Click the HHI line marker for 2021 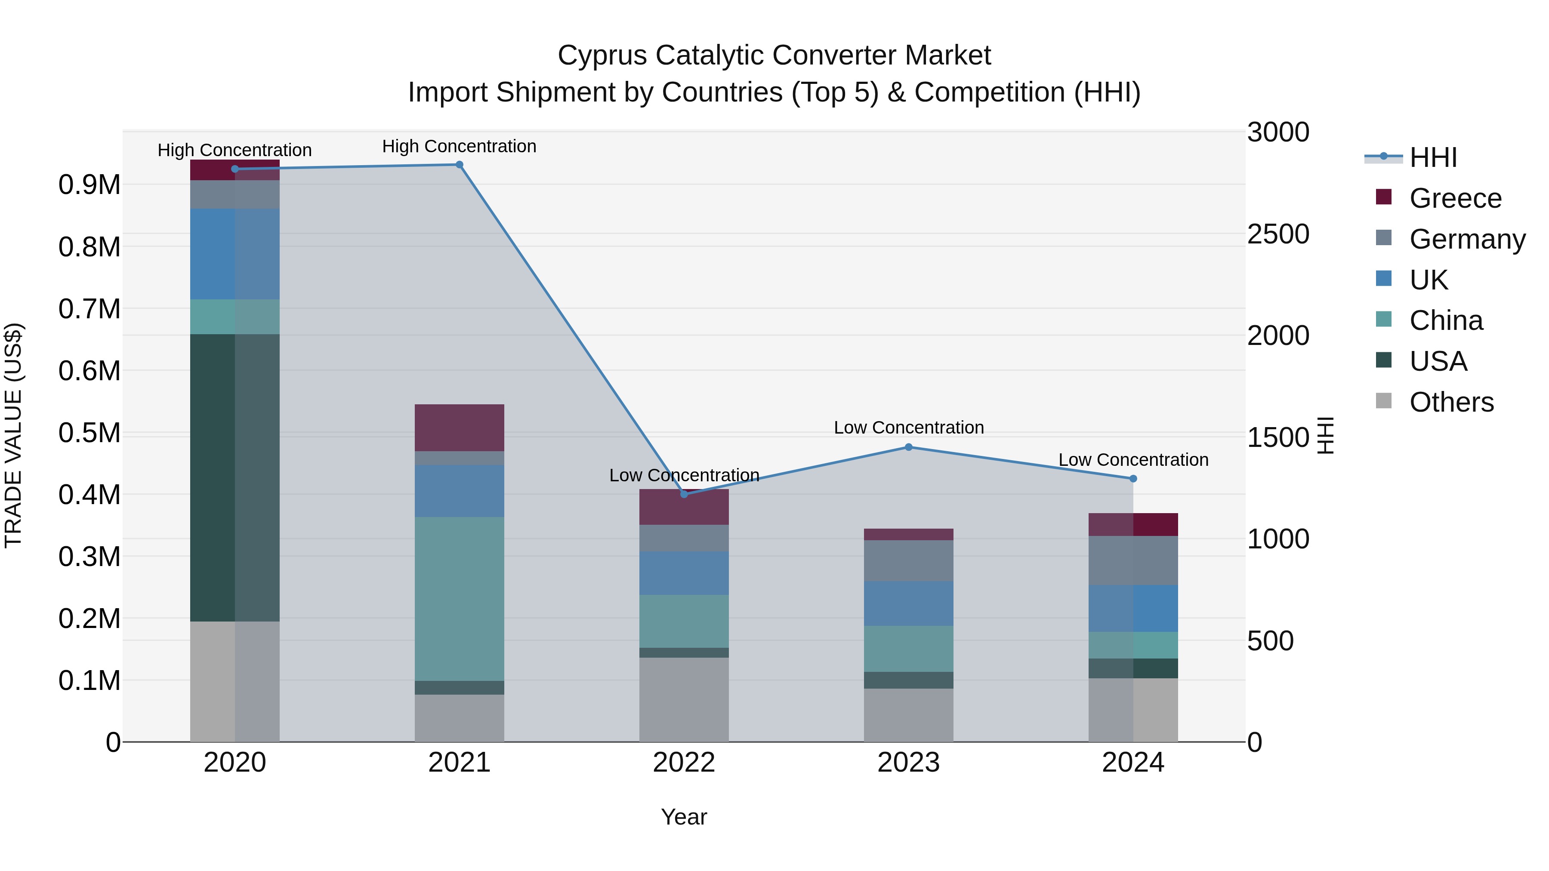[x=460, y=165]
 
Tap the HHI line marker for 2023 [x=909, y=447]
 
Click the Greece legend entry [x=1455, y=198]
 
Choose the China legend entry [x=1446, y=320]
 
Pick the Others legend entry [x=1451, y=402]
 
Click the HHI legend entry [x=1432, y=157]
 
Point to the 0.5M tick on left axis [x=89, y=433]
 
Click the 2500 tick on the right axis [x=1278, y=234]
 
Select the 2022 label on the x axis [x=684, y=763]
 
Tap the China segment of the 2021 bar [x=460, y=598]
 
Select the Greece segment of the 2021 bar [x=460, y=428]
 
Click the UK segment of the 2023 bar [x=909, y=603]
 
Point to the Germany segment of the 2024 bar [x=1133, y=560]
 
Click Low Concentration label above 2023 [x=909, y=428]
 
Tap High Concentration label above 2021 [x=460, y=146]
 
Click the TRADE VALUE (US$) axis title [x=13, y=435]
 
